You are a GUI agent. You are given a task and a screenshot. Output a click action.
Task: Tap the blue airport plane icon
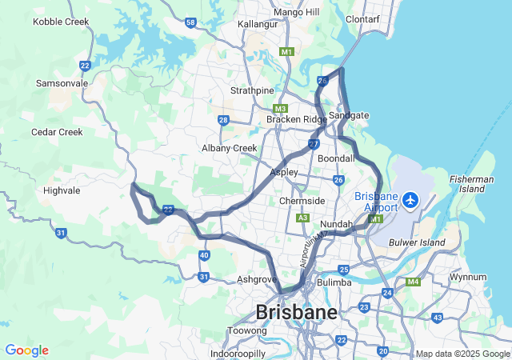[410, 198]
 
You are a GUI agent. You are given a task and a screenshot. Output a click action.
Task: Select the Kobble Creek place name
[60, 22]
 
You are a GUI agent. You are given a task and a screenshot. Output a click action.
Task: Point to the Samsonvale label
[62, 83]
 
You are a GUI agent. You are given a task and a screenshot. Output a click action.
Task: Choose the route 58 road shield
[190, 22]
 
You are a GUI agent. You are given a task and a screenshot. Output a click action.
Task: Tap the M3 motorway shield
[280, 109]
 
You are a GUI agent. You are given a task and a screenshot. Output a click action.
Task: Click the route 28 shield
[223, 120]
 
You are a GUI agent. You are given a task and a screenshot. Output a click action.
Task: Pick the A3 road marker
[302, 218]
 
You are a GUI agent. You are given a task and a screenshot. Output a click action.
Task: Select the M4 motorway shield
[413, 282]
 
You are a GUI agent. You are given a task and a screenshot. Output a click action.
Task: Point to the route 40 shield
[205, 255]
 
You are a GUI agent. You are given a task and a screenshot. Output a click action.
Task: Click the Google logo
[26, 350]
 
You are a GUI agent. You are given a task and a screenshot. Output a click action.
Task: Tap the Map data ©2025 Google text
[462, 354]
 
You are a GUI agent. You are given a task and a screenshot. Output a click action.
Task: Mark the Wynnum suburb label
[467, 277]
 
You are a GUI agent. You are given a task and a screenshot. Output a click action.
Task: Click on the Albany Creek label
[230, 148]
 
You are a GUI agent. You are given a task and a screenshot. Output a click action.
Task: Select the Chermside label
[302, 201]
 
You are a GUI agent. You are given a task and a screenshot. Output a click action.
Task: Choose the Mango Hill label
[296, 12]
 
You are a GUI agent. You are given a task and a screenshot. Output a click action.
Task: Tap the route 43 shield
[437, 318]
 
